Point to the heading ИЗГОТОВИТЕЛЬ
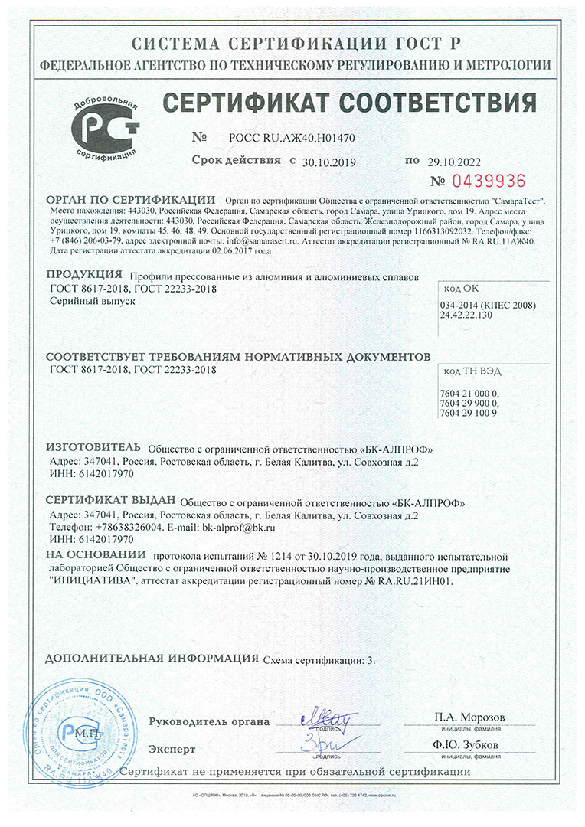93,446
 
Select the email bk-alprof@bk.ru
238,528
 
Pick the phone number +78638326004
122,528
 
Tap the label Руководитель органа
209,721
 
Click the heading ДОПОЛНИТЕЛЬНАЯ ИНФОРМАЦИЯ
152,659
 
